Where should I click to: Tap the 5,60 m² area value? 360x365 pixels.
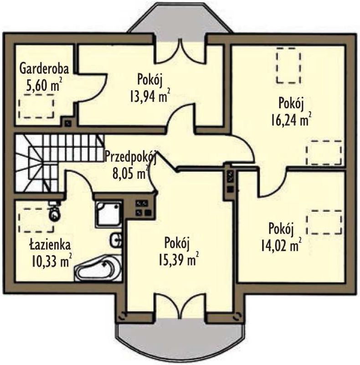(x=44, y=85)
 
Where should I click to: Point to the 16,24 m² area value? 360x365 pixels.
(x=291, y=120)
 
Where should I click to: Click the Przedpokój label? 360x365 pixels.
(x=130, y=156)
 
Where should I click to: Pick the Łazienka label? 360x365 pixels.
(x=50, y=245)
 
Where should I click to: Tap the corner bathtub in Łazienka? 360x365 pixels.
(x=98, y=268)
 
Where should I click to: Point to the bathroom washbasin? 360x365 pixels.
(x=116, y=240)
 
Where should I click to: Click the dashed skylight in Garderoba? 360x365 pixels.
(x=36, y=106)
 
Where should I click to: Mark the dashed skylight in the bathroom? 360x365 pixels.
(x=36, y=220)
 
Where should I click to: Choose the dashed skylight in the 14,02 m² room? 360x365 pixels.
(x=324, y=222)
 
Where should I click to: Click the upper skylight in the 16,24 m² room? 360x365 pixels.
(x=288, y=65)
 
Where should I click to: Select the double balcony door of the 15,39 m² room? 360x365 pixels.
(x=180, y=305)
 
